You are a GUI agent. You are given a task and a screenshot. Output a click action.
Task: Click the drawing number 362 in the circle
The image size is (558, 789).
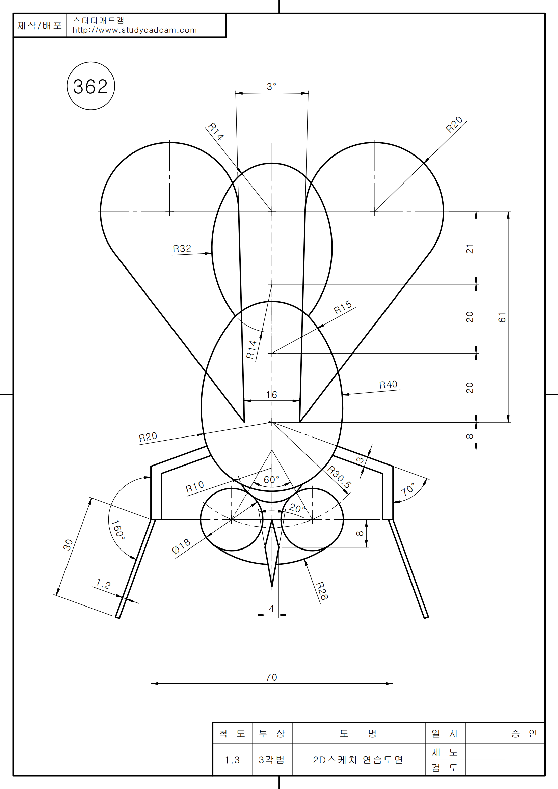tap(90, 87)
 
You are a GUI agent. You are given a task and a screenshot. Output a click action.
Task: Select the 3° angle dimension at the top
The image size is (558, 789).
tap(272, 87)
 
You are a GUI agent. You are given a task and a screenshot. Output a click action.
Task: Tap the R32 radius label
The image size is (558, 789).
tap(182, 249)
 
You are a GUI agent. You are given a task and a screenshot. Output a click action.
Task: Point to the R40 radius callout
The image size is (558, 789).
tap(388, 385)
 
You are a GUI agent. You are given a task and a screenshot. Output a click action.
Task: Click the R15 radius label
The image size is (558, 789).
tap(343, 307)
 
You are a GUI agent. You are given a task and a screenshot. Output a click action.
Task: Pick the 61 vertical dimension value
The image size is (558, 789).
tap(502, 317)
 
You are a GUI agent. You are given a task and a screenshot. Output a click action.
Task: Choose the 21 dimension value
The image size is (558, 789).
tap(470, 249)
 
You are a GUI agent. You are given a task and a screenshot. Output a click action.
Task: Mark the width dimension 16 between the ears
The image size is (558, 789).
tap(272, 395)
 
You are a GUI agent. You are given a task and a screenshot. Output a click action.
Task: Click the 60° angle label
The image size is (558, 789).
tap(272, 480)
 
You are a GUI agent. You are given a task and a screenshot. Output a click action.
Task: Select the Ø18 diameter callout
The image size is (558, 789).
tap(181, 546)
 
